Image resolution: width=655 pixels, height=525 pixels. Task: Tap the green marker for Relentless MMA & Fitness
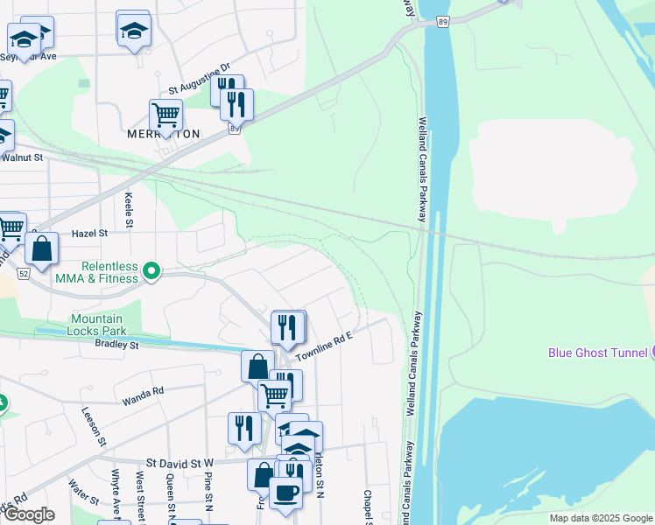(x=152, y=271)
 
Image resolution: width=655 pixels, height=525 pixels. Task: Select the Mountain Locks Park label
(x=97, y=325)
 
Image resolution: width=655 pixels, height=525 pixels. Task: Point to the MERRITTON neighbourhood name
(x=163, y=134)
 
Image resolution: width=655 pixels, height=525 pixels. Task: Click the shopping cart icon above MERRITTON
(x=166, y=115)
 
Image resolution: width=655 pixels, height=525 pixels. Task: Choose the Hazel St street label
(x=89, y=234)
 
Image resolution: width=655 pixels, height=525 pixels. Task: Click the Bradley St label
(x=117, y=345)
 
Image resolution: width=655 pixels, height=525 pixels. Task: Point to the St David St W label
(x=180, y=461)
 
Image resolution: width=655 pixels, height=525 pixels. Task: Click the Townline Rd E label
(x=323, y=346)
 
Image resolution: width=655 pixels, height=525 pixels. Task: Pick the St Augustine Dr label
(x=199, y=79)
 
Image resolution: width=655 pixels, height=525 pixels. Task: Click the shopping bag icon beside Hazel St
(x=41, y=248)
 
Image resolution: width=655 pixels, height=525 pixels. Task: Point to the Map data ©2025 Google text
(x=601, y=518)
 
